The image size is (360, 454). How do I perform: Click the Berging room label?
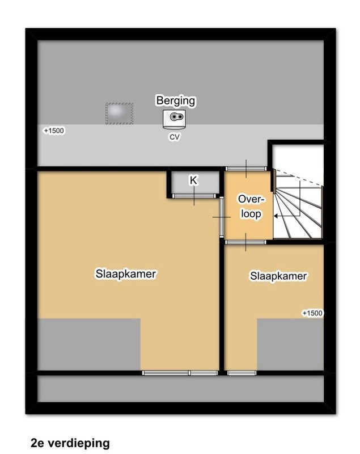tap(176, 100)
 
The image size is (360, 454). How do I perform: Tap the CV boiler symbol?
tap(174, 119)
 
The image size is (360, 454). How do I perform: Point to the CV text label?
tap(175, 137)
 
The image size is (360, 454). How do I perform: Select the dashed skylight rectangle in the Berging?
tap(120, 113)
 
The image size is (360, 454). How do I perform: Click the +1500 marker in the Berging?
tap(54, 131)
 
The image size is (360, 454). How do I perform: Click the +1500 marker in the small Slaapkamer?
tap(312, 313)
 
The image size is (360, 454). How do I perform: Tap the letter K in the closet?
tap(193, 180)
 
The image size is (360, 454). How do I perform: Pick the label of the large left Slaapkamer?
tap(126, 274)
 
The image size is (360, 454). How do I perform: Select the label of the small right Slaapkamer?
tap(278, 276)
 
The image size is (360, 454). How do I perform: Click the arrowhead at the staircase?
tap(276, 216)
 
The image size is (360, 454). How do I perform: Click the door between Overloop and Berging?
tap(246, 169)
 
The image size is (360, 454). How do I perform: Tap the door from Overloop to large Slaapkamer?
tap(222, 217)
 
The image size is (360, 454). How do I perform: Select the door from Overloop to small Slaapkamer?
tap(245, 242)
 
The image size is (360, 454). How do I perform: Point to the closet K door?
tap(194, 196)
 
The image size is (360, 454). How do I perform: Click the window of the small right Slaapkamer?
tap(242, 373)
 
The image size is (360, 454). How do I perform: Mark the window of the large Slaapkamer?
tap(180, 373)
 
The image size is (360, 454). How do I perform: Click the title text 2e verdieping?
tap(70, 443)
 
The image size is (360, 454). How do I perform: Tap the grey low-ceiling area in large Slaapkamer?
tap(89, 344)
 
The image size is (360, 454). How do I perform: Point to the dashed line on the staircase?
tap(299, 178)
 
